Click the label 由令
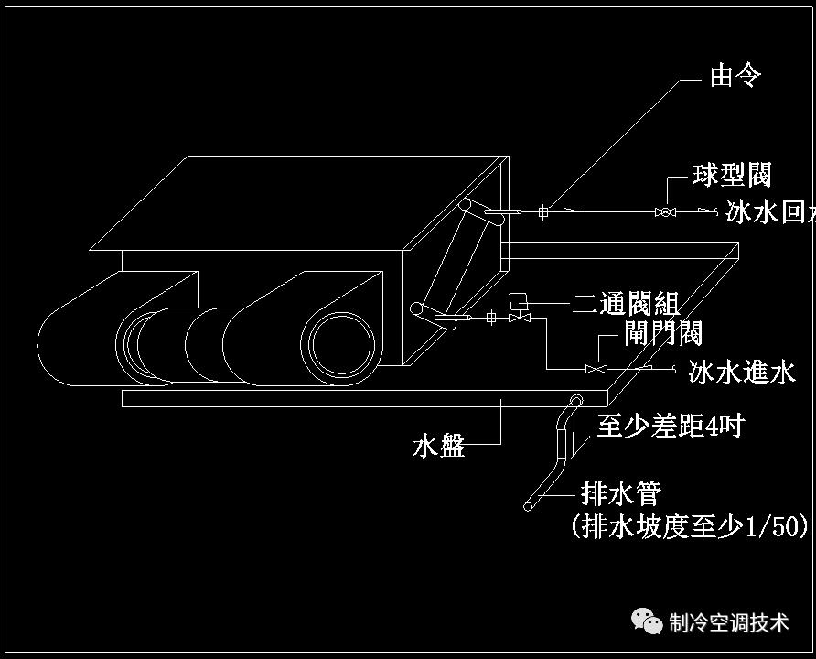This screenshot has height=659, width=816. pyautogui.click(x=735, y=76)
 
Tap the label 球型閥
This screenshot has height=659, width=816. pyautogui.click(x=731, y=175)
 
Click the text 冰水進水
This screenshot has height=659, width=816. pyautogui.click(x=742, y=372)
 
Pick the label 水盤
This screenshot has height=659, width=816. pyautogui.click(x=439, y=447)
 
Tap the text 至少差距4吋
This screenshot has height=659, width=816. pyautogui.click(x=671, y=426)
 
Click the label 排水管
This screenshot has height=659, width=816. pyautogui.click(x=621, y=495)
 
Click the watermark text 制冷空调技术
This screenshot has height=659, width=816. pyautogui.click(x=728, y=623)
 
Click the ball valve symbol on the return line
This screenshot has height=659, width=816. pyautogui.click(x=665, y=212)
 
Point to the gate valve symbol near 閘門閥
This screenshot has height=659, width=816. pyautogui.click(x=596, y=369)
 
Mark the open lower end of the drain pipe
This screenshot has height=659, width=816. pyautogui.click(x=530, y=504)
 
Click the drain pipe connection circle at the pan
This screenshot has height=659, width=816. pyautogui.click(x=576, y=400)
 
